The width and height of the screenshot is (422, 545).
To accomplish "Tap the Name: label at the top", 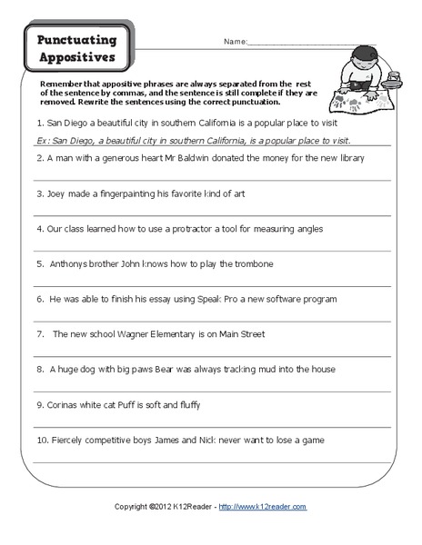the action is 235,42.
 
